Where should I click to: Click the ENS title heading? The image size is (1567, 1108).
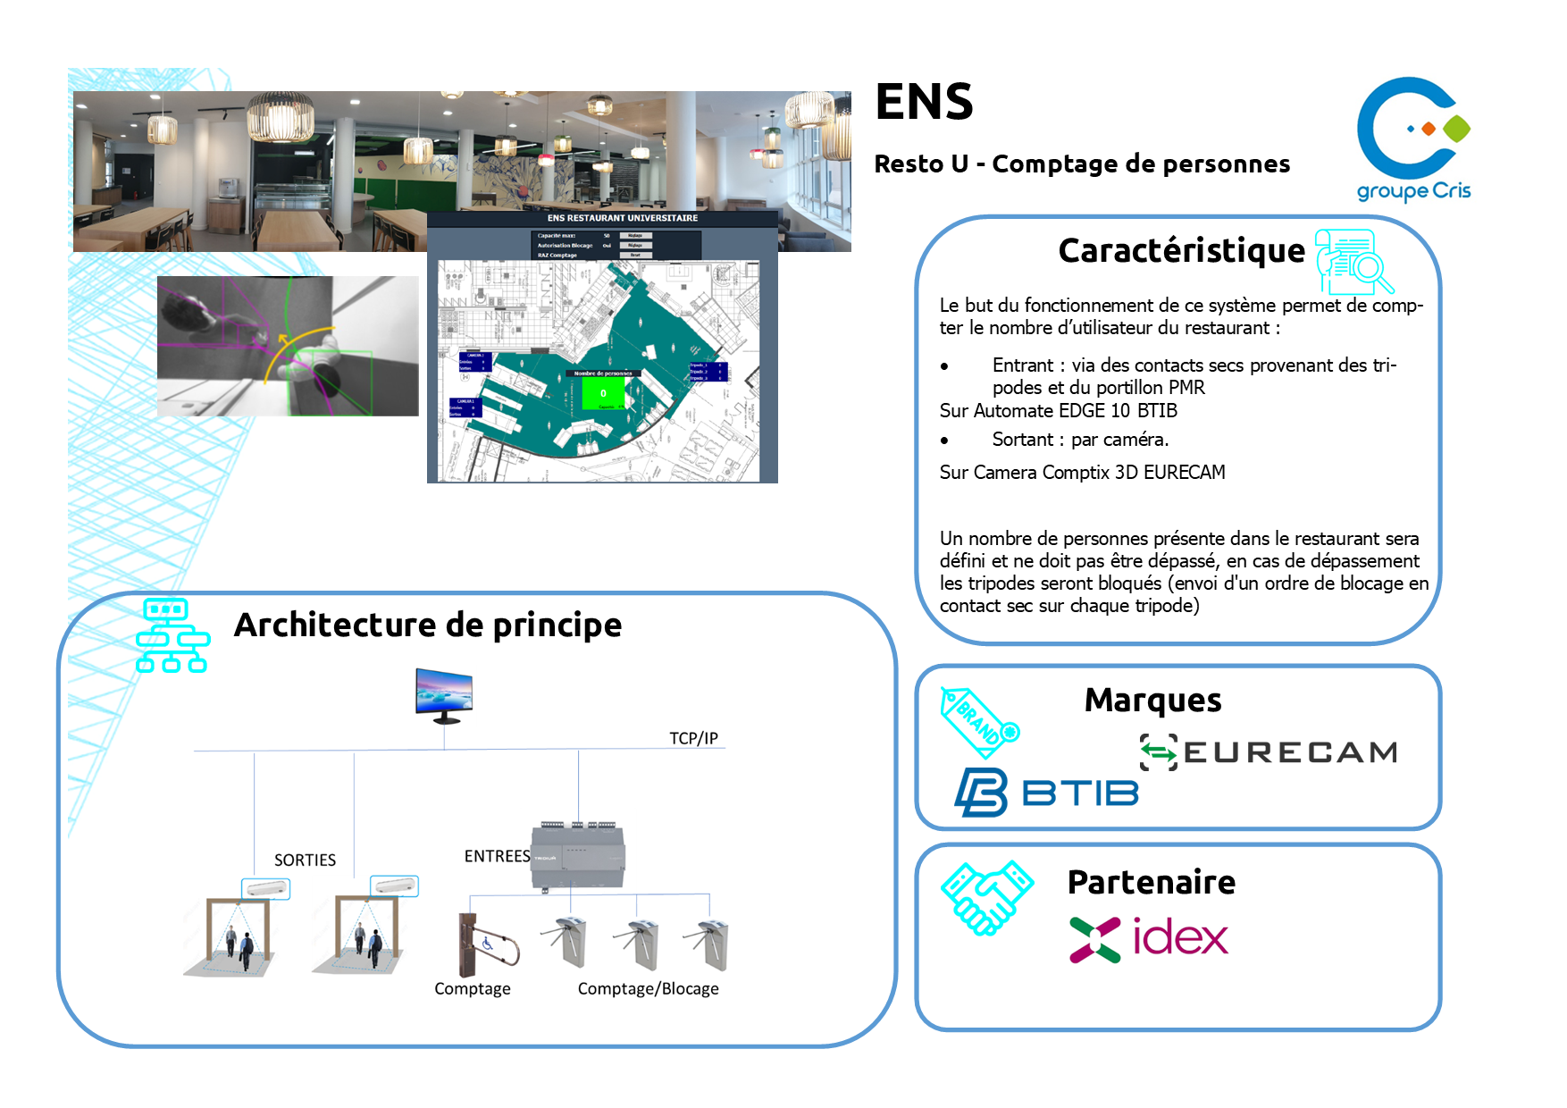(924, 102)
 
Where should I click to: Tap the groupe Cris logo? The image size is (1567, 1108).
(1412, 138)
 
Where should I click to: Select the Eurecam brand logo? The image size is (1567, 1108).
(1268, 752)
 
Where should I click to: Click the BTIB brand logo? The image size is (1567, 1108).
(1046, 792)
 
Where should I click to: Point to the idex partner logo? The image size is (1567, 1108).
(1149, 938)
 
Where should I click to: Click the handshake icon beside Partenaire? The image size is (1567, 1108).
(986, 896)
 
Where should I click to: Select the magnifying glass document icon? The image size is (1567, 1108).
(1353, 262)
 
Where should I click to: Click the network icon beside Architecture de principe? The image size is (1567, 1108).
(172, 635)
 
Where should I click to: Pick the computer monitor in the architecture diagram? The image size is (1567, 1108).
(444, 694)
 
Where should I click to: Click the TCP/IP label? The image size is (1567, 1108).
(693, 738)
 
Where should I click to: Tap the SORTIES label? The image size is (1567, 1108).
(305, 860)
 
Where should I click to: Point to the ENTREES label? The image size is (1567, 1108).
(497, 856)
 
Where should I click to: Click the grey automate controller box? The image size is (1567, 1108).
(578, 856)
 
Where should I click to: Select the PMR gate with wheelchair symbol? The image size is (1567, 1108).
(487, 944)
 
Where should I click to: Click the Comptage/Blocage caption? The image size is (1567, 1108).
(648, 988)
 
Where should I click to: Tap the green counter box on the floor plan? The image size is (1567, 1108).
(603, 392)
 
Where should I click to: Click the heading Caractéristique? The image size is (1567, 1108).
(1181, 251)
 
